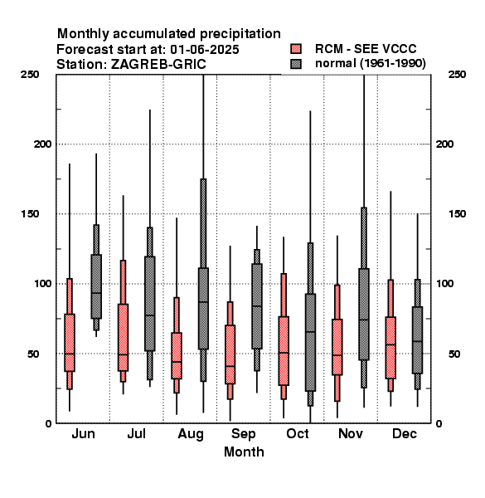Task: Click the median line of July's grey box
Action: pos(150,315)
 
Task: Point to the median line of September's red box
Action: pos(230,366)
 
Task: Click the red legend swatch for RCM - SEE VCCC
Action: pos(296,49)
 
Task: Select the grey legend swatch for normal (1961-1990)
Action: pos(296,64)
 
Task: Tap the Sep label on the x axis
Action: pos(243,434)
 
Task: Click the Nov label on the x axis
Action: pos(351,433)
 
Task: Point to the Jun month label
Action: pos(83,433)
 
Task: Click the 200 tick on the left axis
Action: pos(42,144)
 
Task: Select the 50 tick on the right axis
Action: pos(454,354)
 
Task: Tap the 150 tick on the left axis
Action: pos(30,214)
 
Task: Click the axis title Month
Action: pos(244,452)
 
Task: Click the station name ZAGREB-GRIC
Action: pos(158,65)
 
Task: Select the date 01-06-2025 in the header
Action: pos(205,50)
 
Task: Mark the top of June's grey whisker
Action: pos(96,154)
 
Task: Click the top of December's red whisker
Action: pos(390,192)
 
